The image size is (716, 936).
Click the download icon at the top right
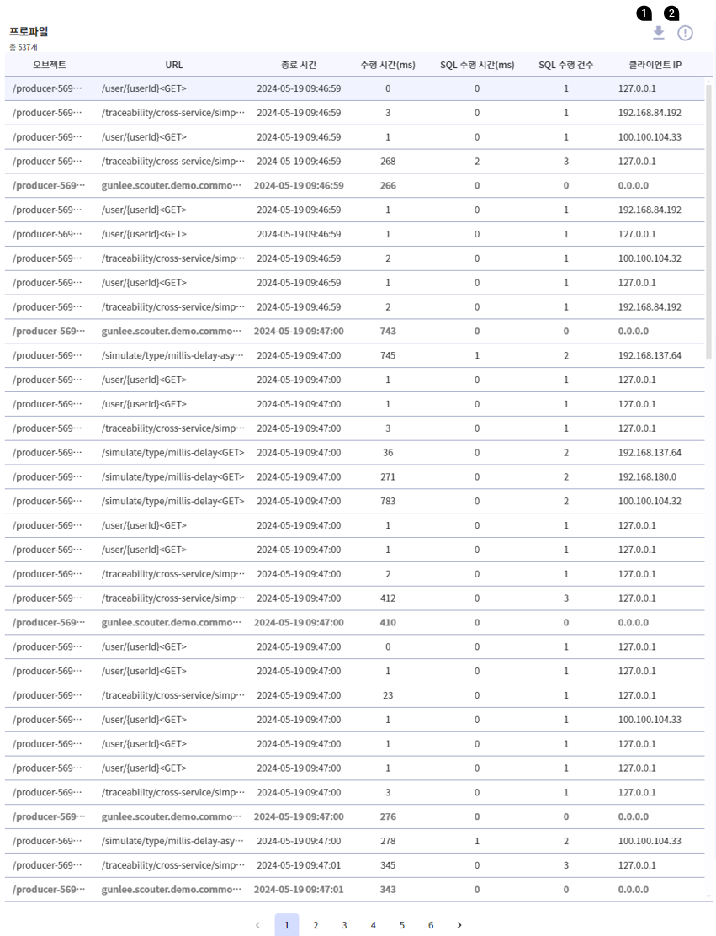659,33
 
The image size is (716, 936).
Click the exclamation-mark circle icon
685,34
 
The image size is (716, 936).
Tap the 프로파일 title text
29,32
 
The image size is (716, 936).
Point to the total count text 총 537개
24,47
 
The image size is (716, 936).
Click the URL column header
174,65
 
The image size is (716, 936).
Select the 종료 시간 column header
299,65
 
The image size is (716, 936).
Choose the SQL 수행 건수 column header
566,65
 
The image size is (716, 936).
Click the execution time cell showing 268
388,162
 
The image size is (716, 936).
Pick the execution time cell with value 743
388,332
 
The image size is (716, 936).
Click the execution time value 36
388,453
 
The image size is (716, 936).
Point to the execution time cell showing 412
388,598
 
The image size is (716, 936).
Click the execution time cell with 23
388,695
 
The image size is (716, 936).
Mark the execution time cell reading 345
388,865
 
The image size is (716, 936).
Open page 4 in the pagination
373,925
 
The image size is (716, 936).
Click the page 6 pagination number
431,925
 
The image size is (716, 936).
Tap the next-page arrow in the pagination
459,925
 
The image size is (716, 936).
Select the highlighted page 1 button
287,925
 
